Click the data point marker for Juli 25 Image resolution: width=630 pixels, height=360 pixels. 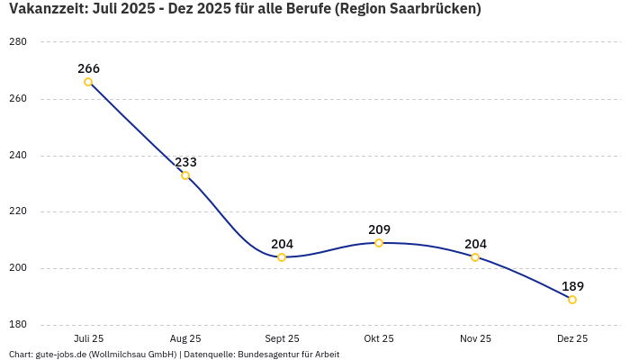[88, 82]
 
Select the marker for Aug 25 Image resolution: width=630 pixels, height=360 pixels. [185, 175]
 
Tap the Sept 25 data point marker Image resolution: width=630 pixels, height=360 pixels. [282, 257]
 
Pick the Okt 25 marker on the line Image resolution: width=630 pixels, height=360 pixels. [379, 243]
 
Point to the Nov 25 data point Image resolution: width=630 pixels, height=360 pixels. [475, 257]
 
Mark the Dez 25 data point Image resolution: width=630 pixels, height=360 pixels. [572, 300]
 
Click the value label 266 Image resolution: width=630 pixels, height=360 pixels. [88, 68]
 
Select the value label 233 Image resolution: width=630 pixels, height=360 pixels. [185, 162]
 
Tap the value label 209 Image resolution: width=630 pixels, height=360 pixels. [379, 229]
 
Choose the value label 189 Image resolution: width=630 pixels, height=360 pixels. [572, 286]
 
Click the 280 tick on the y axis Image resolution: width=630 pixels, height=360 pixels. [17, 42]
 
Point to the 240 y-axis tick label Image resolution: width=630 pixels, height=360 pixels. [17, 155]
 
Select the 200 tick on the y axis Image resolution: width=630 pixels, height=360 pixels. [17, 268]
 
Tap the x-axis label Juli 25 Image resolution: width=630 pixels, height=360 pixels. [88, 338]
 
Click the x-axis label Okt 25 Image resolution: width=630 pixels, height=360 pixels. [379, 338]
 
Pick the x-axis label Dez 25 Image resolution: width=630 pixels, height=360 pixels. [572, 338]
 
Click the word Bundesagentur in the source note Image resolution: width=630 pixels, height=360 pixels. [276, 355]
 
